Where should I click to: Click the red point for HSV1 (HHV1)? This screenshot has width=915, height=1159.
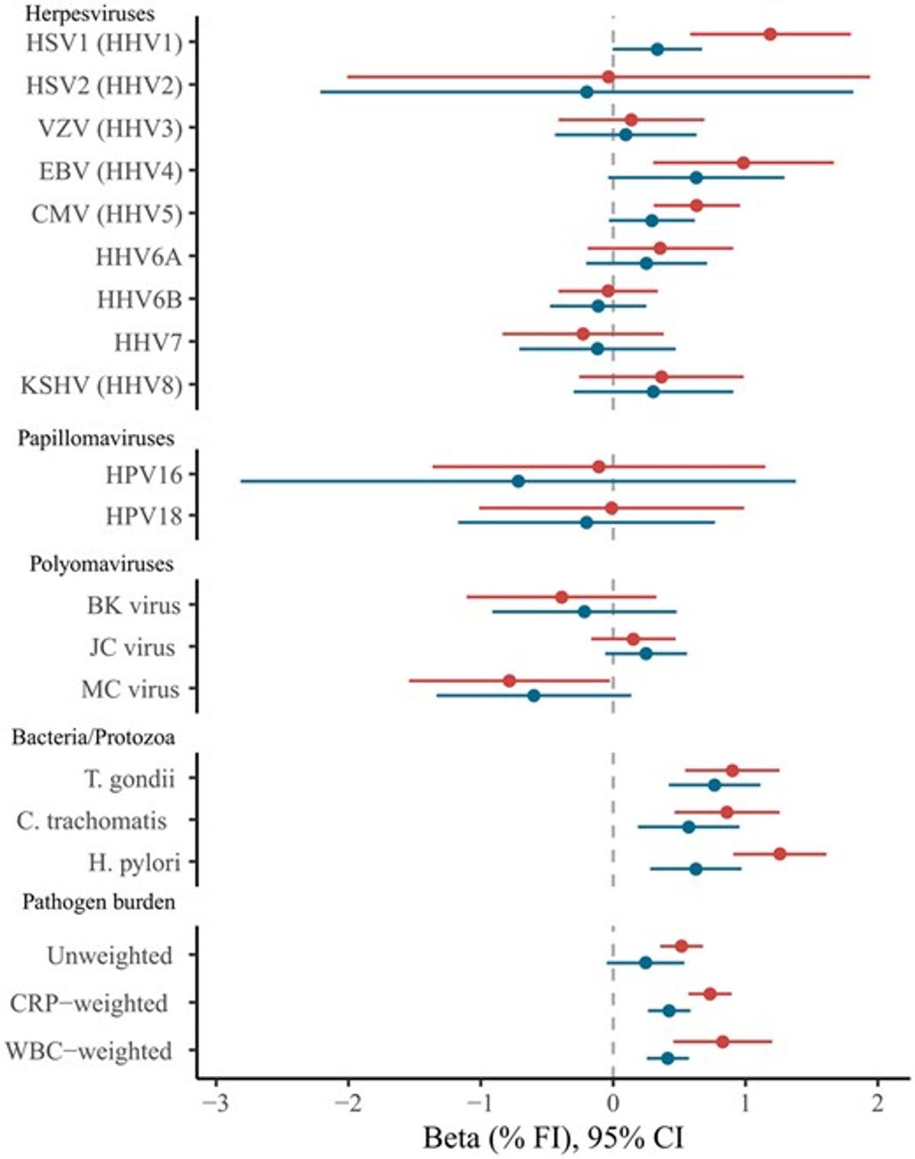coord(770,34)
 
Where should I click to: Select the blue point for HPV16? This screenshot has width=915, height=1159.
coord(518,481)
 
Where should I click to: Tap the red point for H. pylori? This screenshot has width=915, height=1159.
coord(779,854)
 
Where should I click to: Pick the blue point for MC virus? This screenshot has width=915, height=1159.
coord(534,695)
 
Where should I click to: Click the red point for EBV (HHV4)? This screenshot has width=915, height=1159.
coord(743,162)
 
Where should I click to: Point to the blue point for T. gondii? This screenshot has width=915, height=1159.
coord(714,785)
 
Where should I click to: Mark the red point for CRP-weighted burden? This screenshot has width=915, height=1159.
coord(710,994)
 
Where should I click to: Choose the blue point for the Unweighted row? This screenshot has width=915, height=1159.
coord(645,962)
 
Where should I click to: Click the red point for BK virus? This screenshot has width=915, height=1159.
coord(562,597)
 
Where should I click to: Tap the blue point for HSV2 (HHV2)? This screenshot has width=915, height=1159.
coord(586,92)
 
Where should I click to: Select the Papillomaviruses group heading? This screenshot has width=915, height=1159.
coord(96,438)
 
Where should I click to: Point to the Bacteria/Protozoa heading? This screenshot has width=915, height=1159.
coord(93,737)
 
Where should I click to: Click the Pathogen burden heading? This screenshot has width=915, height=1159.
coord(98,902)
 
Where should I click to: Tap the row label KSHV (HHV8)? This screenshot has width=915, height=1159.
coord(101,385)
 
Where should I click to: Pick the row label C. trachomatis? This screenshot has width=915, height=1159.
coord(91,820)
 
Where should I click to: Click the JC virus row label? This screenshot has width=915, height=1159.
coord(132,647)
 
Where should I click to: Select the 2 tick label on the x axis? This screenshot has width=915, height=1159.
coord(878,1103)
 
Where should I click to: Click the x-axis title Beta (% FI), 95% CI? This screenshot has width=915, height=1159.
coord(553,1138)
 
